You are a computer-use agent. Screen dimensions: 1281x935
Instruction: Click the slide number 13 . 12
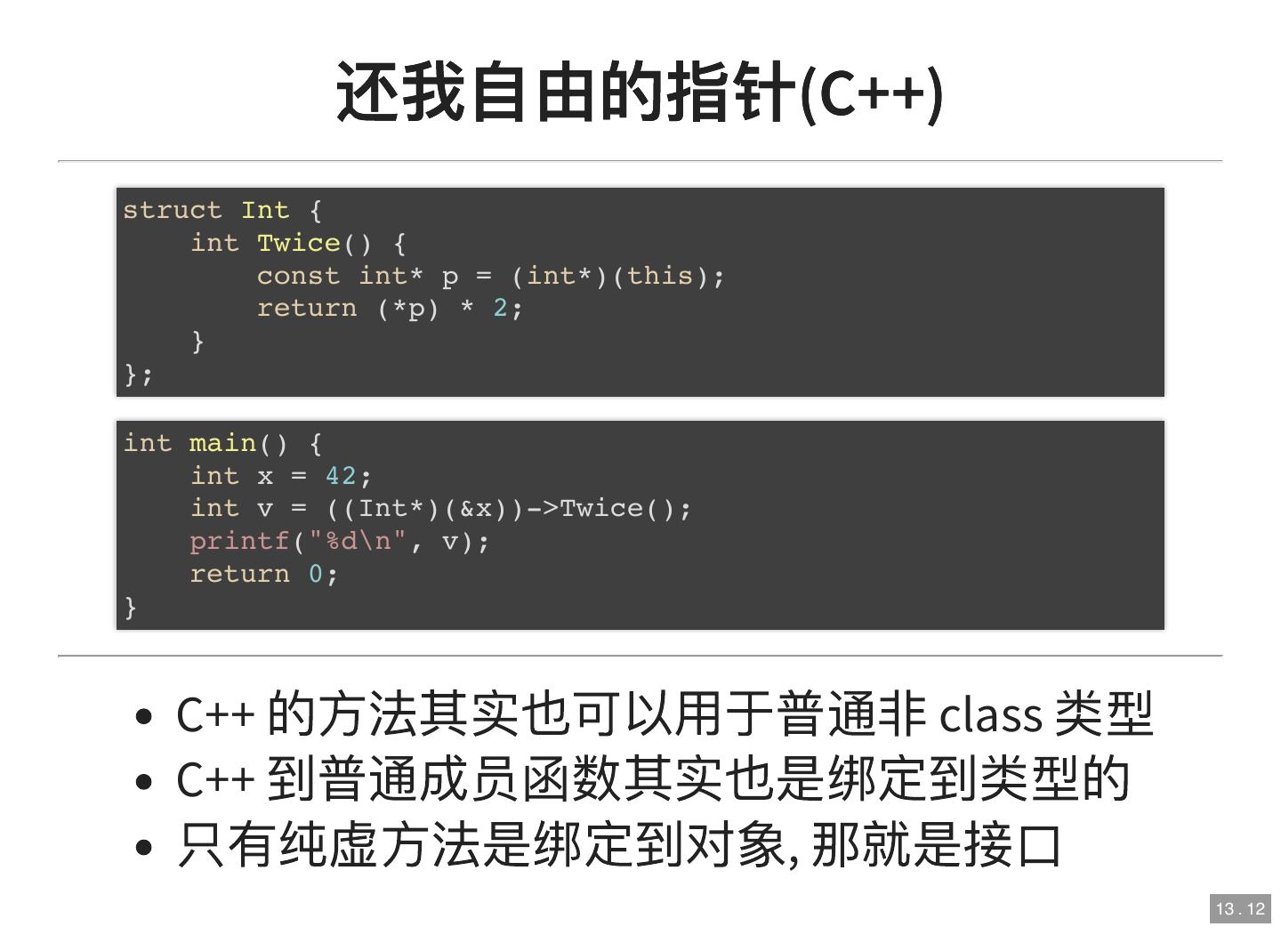pyautogui.click(x=1240, y=908)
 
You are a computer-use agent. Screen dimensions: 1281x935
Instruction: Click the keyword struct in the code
pyautogui.click(x=172, y=210)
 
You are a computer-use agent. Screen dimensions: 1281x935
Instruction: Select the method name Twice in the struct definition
pyautogui.click(x=298, y=243)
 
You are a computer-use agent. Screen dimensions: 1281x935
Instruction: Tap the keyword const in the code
pyautogui.click(x=298, y=276)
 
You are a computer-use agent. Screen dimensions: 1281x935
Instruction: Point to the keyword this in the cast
pyautogui.click(x=659, y=276)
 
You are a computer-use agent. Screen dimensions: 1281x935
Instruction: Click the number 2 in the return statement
pyautogui.click(x=500, y=308)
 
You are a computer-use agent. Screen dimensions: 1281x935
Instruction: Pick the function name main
pyautogui.click(x=222, y=443)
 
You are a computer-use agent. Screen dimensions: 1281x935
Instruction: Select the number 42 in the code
pyautogui.click(x=341, y=476)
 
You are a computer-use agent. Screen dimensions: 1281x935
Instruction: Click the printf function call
pyautogui.click(x=239, y=541)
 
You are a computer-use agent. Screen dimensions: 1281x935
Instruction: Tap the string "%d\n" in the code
pyautogui.click(x=358, y=541)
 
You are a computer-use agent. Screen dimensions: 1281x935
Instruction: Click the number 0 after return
pyautogui.click(x=316, y=574)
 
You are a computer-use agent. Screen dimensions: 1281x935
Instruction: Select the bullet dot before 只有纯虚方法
pyautogui.click(x=145, y=846)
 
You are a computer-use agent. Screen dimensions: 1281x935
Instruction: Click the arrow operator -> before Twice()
pyautogui.click(x=543, y=508)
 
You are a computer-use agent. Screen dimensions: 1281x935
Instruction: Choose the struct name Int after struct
pyautogui.click(x=265, y=210)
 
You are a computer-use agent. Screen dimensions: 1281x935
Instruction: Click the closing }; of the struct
pyautogui.click(x=138, y=374)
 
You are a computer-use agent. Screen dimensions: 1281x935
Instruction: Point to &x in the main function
pyautogui.click(x=476, y=508)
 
